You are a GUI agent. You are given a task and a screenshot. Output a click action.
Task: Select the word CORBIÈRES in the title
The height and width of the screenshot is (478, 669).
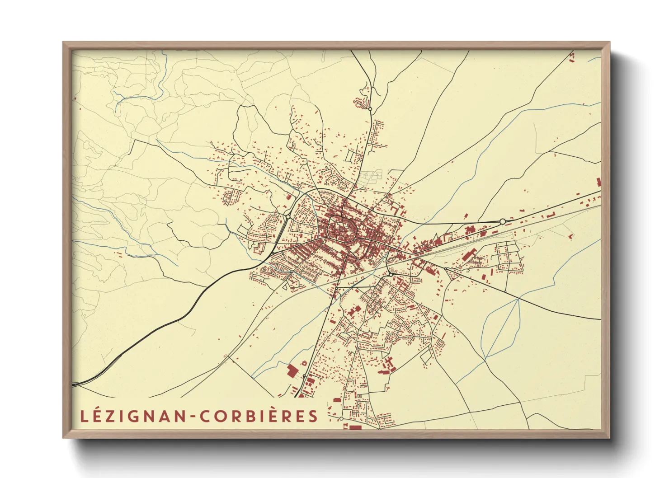pos(259,416)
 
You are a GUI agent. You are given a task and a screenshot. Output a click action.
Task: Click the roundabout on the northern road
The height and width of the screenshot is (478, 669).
pos(370,109)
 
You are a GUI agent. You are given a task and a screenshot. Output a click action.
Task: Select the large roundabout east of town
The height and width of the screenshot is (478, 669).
pos(502,221)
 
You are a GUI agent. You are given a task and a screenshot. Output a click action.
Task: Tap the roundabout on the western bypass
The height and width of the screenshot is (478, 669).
pos(288,217)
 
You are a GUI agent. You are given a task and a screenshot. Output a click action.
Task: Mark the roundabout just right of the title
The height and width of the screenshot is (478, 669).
pos(341,419)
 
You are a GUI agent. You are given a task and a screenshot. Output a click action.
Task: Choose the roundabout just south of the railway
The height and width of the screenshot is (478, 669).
pos(390,274)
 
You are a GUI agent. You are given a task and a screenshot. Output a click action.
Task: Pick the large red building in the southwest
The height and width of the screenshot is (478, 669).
pos(292,371)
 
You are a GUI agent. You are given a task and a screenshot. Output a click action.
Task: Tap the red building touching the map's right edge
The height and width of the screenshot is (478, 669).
pos(599,182)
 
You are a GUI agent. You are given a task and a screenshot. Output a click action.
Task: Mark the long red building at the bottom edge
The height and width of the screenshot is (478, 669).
pos(356,427)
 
